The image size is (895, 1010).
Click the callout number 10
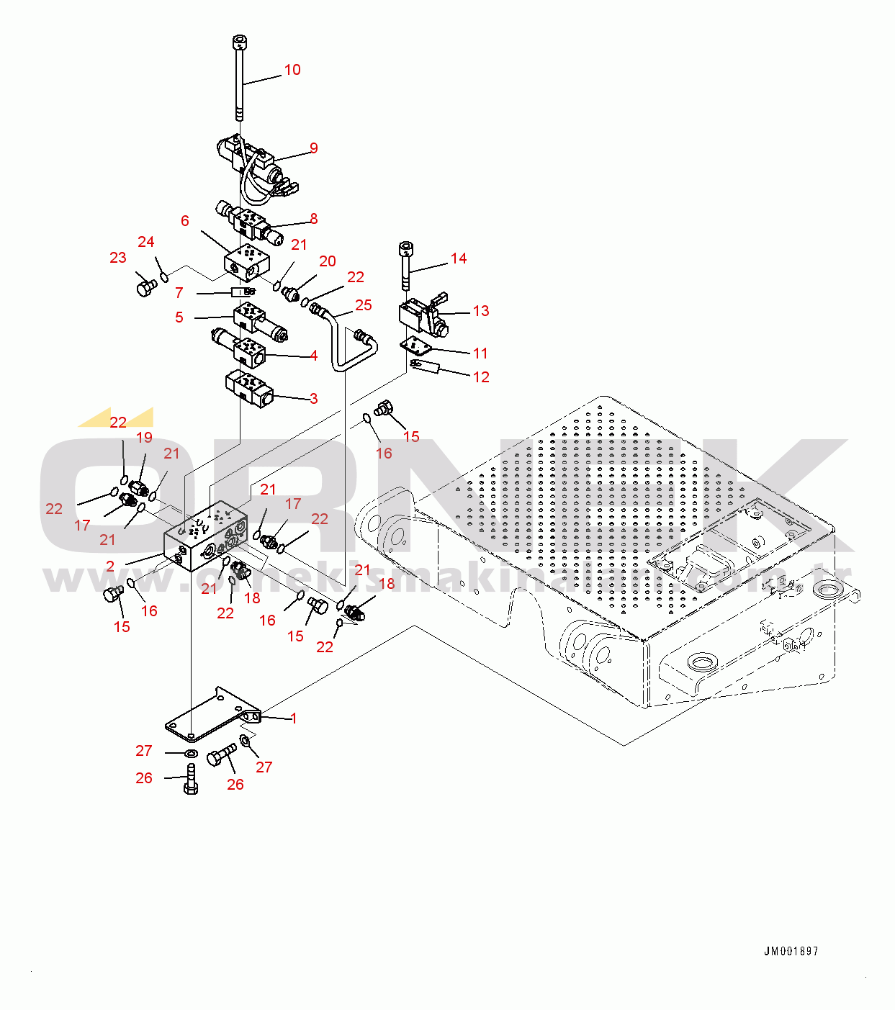(292, 70)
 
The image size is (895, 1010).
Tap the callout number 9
(314, 148)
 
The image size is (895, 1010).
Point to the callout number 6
(185, 221)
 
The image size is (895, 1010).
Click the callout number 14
(459, 258)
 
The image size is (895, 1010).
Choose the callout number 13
(481, 311)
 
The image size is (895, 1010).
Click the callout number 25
(364, 305)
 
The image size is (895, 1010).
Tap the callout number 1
(294, 718)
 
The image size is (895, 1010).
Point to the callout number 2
(110, 567)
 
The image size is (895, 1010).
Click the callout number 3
(314, 399)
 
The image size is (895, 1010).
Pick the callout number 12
(481, 377)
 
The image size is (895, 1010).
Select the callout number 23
(118, 258)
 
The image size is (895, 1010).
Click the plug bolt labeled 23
(145, 288)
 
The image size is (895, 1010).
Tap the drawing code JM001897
(791, 952)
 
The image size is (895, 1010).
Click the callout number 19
(144, 438)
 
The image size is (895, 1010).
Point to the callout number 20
(328, 261)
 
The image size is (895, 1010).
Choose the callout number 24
(146, 242)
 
